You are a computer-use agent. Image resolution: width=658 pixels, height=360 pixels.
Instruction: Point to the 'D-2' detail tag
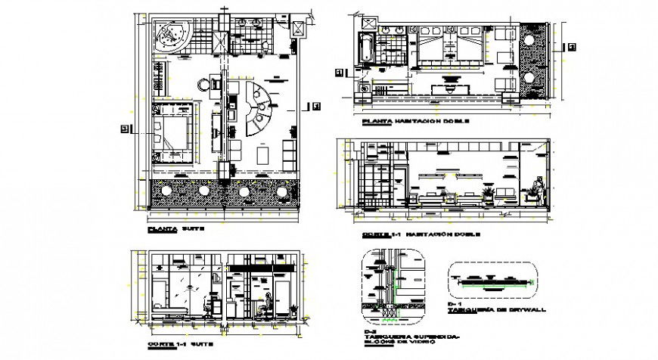[x=368, y=331]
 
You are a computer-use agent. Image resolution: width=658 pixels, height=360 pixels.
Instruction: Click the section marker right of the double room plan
[x=570, y=47]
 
